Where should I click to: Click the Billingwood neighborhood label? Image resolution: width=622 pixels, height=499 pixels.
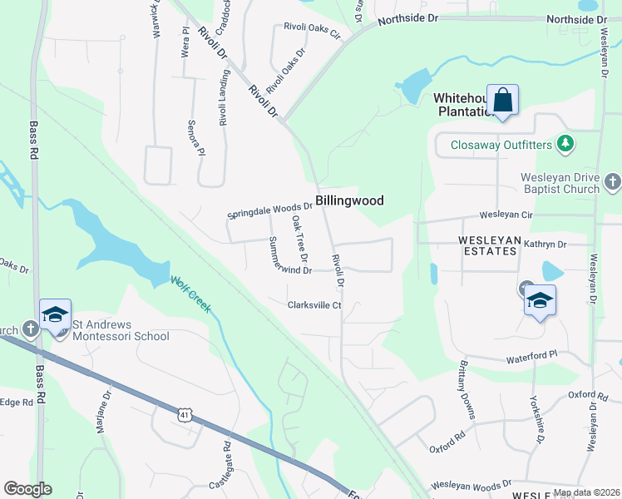click(348, 201)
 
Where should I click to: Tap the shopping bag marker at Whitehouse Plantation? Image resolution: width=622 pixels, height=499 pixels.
click(502, 101)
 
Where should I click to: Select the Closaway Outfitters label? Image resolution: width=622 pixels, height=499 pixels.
click(501, 145)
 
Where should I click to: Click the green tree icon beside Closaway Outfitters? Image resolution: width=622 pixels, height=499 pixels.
click(565, 144)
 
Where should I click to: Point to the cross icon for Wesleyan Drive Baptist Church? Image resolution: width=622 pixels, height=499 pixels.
click(612, 181)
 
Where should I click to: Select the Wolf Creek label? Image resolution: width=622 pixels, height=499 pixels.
click(191, 294)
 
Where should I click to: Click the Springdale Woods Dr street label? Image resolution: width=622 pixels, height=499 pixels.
click(269, 211)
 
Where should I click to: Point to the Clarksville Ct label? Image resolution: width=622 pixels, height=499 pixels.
click(314, 305)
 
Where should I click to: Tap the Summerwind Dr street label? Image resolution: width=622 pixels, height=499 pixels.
click(289, 257)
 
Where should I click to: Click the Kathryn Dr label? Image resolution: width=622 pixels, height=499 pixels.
click(545, 245)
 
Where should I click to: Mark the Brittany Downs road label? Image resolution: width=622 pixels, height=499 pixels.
click(466, 390)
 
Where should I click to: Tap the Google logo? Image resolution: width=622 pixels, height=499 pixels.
click(27, 489)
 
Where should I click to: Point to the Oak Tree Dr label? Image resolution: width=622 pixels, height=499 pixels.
click(299, 237)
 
